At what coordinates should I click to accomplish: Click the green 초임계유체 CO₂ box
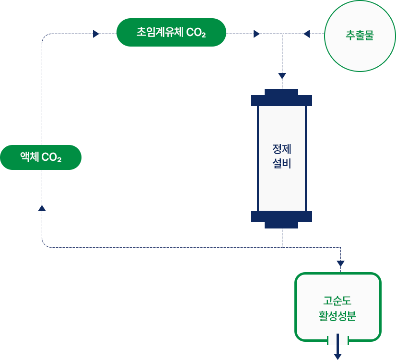[171, 33]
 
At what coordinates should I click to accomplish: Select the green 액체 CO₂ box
[41, 157]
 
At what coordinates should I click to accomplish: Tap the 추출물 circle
[360, 36]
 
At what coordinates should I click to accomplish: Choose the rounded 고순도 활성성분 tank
[338, 307]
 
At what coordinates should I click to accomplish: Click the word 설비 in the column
[282, 164]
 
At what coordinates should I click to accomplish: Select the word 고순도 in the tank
[338, 301]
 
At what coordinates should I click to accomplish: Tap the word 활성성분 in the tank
[338, 316]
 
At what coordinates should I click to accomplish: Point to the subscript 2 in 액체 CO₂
[59, 160]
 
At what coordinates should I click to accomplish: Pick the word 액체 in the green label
[29, 157]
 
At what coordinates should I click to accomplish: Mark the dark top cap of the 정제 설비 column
[281, 98]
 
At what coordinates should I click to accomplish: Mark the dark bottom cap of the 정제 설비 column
[281, 219]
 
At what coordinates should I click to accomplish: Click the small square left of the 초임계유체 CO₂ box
[96, 34]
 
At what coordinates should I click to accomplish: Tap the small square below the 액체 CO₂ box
[42, 208]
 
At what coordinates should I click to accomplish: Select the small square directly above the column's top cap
[282, 76]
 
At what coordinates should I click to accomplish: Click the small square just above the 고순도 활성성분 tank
[341, 264]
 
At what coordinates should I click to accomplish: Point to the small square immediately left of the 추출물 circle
[306, 34]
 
